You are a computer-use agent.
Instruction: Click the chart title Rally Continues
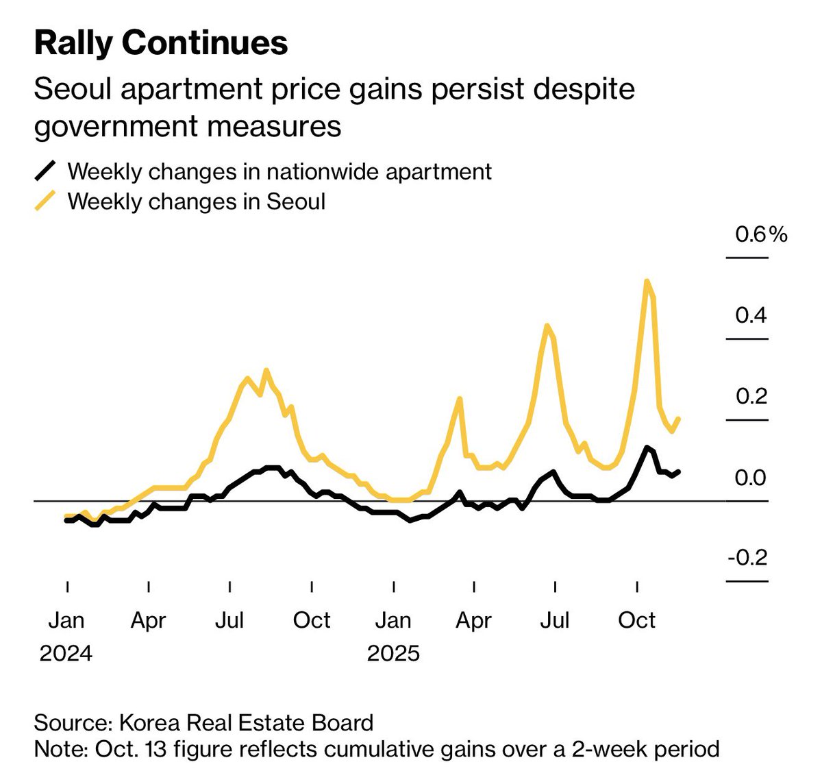(161, 43)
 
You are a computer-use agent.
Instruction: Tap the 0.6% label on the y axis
(760, 235)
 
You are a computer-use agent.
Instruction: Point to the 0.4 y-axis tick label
(751, 315)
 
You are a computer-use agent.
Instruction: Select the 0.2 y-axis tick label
(751, 396)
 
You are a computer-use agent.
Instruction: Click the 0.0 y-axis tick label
(751, 477)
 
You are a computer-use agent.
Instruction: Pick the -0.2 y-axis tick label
(747, 558)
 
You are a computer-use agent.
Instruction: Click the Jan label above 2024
(66, 620)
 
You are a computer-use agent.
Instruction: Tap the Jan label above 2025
(393, 620)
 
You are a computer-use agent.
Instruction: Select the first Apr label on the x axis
(148, 620)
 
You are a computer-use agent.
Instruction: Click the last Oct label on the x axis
(637, 620)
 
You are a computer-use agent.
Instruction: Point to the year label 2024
(66, 653)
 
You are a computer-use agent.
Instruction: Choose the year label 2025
(393, 653)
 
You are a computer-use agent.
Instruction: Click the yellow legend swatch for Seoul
(45, 201)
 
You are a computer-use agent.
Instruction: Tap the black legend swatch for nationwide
(45, 171)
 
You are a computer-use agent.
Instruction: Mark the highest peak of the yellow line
(647, 281)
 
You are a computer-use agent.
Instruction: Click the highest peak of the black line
(646, 447)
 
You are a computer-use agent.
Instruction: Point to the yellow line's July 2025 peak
(547, 326)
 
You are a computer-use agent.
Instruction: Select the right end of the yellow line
(678, 419)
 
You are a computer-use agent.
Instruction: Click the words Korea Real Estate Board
(246, 723)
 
